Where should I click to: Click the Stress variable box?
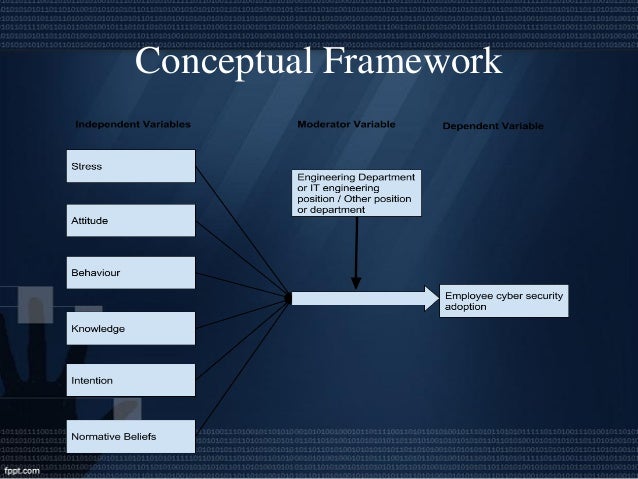click(x=130, y=166)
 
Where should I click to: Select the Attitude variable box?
click(x=130, y=220)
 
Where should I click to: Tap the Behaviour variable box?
click(x=130, y=273)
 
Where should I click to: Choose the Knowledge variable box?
click(x=130, y=328)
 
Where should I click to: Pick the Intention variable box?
click(x=130, y=381)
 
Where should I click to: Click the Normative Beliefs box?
click(x=130, y=436)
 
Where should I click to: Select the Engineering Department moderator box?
click(x=356, y=193)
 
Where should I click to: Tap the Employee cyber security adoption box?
click(x=503, y=301)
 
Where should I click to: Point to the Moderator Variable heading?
click(x=346, y=125)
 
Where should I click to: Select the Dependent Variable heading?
click(x=493, y=126)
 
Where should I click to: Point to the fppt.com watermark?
click(x=21, y=468)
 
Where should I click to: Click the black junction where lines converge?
click(x=288, y=298)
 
